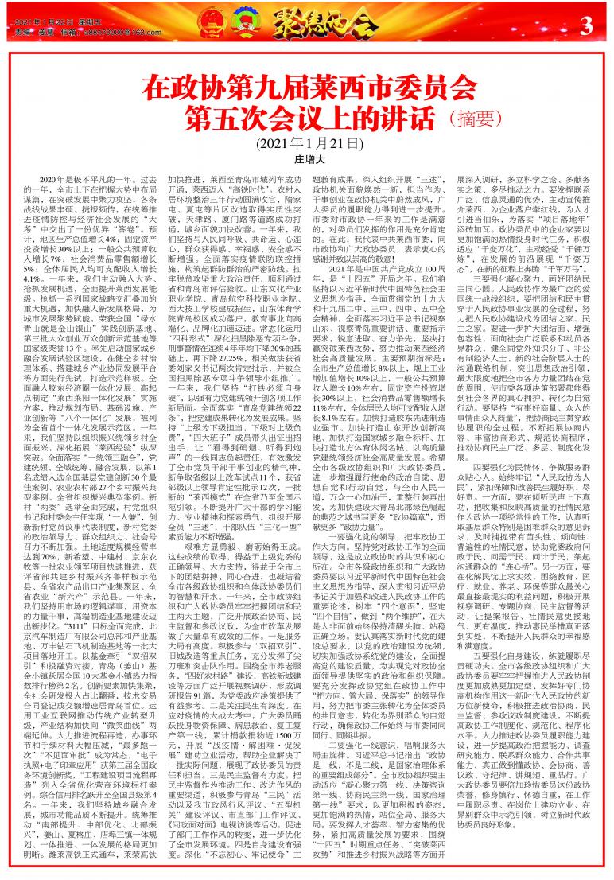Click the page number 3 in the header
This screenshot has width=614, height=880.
pos(588,26)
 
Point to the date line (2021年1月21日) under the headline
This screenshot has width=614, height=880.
pos(307,143)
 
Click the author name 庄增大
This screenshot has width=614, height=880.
pos(307,159)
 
